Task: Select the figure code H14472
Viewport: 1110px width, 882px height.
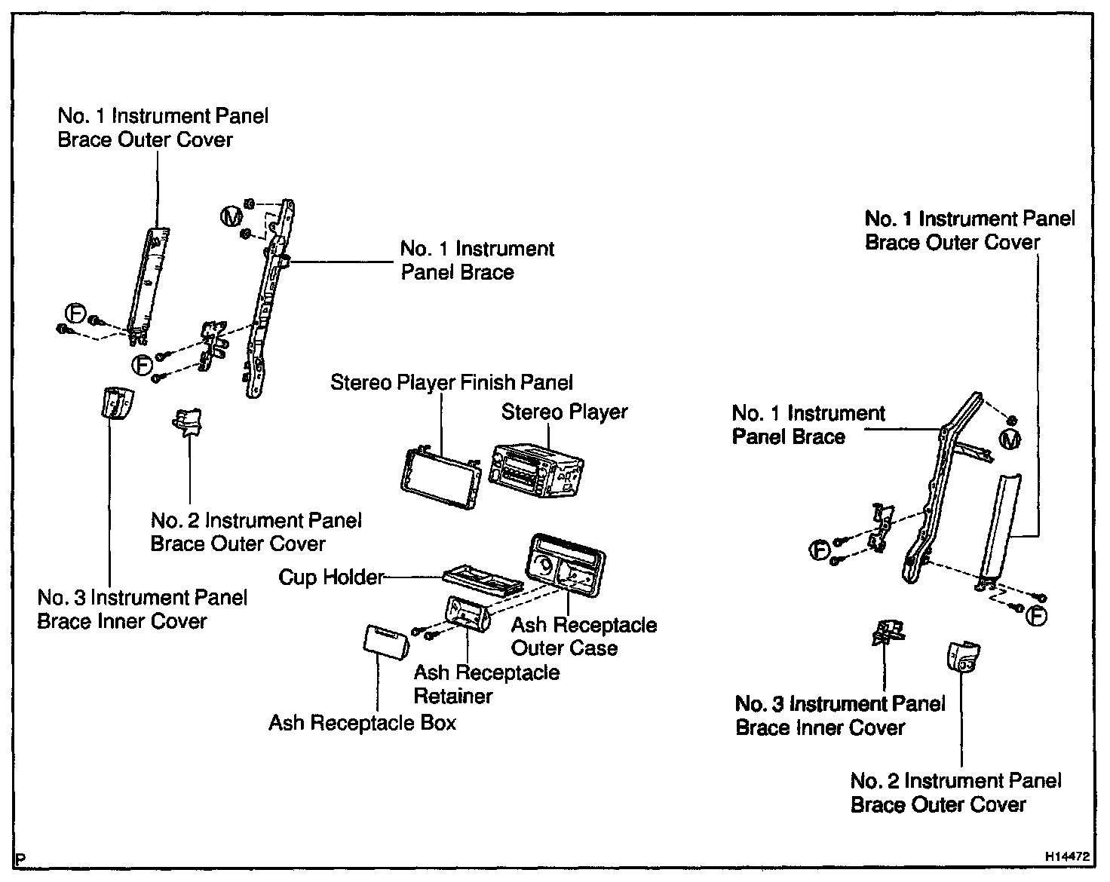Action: (x=1067, y=857)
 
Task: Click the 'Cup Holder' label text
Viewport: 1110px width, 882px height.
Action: (x=331, y=577)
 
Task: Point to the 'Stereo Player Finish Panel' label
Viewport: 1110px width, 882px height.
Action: (x=452, y=383)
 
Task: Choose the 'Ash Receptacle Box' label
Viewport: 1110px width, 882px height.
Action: (x=363, y=723)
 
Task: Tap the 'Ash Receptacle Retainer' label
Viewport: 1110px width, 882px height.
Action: (x=486, y=684)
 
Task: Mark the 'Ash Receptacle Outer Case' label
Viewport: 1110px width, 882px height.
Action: (x=584, y=636)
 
